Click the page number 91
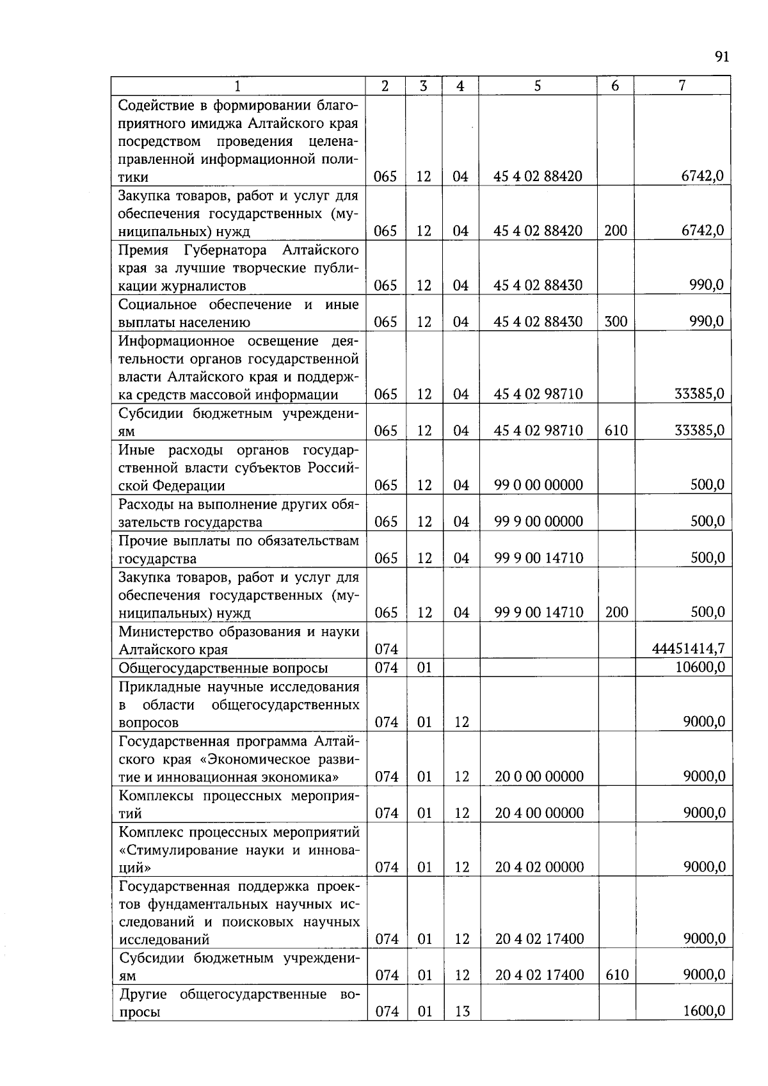pyautogui.click(x=721, y=57)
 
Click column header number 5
pyautogui.click(x=537, y=86)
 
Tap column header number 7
pyautogui.click(x=682, y=86)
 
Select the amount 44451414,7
pyautogui.click(x=689, y=649)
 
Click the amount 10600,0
pyautogui.click(x=700, y=667)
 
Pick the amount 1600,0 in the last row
pyautogui.click(x=703, y=1011)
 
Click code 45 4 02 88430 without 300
pyautogui.click(x=538, y=285)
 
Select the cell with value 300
pyautogui.click(x=616, y=321)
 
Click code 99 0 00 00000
pyautogui.click(x=539, y=485)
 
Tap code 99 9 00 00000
pyautogui.click(x=539, y=522)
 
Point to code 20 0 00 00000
pyautogui.click(x=539, y=777)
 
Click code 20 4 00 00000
pyautogui.click(x=539, y=813)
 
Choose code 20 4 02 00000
pyautogui.click(x=539, y=868)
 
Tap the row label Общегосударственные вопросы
pyautogui.click(x=223, y=668)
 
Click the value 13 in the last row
pyautogui.click(x=461, y=1012)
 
